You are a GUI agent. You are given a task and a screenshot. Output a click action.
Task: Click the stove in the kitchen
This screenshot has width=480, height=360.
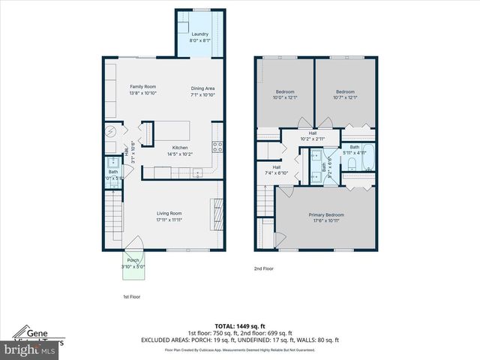(217, 147)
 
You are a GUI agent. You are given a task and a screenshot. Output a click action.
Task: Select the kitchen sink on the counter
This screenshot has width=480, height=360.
(197, 173)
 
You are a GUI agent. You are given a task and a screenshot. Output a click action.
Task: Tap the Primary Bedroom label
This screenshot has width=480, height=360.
(325, 217)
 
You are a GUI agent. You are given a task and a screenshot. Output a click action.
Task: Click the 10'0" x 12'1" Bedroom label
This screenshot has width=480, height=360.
(285, 94)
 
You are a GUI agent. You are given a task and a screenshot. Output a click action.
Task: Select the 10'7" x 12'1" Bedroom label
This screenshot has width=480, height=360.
(345, 94)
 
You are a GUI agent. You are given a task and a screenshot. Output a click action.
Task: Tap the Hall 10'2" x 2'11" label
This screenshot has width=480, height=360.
(312, 136)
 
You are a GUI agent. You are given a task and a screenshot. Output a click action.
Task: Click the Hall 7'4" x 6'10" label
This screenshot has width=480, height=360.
(277, 169)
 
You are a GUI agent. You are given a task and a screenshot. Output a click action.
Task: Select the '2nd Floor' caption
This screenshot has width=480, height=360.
(263, 268)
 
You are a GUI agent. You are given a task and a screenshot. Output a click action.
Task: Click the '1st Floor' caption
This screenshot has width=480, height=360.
(131, 296)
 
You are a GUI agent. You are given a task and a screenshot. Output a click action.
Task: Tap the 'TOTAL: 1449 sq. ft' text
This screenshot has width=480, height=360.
(239, 327)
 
